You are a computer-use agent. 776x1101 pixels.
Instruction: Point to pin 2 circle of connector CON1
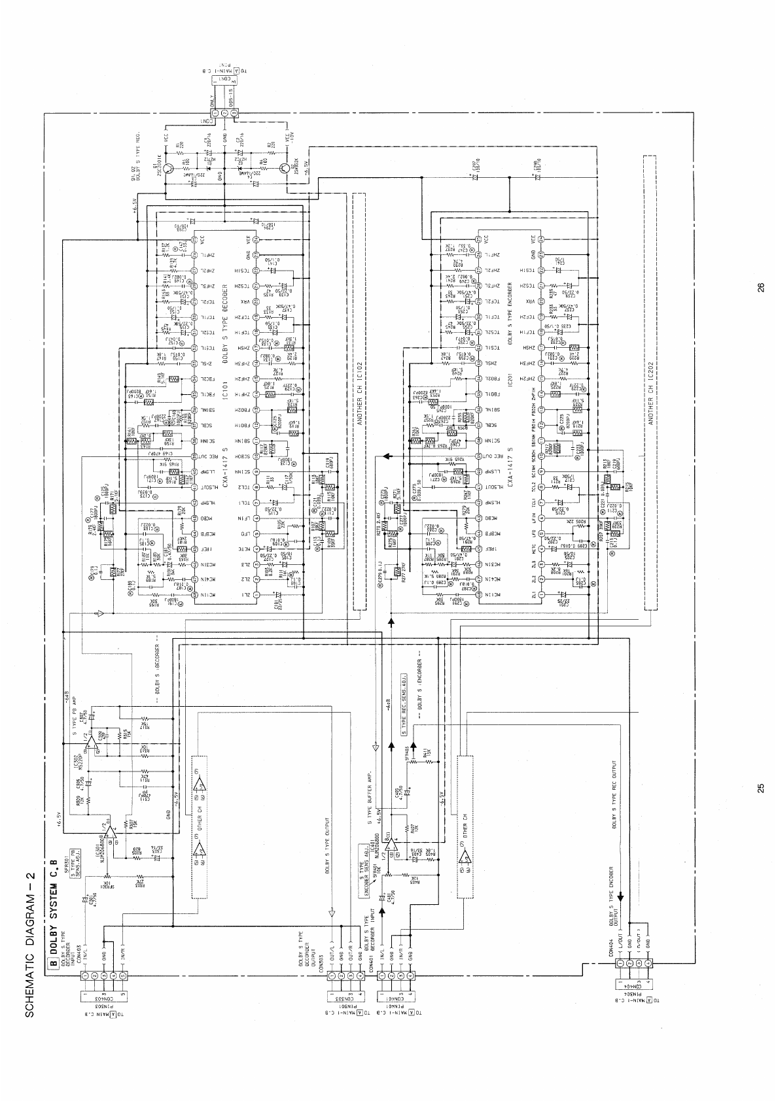click(x=225, y=113)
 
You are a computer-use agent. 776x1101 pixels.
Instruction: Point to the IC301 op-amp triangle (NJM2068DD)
click(x=110, y=834)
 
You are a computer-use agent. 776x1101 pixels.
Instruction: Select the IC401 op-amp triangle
click(x=389, y=834)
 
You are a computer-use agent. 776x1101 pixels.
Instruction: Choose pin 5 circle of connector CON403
click(x=122, y=975)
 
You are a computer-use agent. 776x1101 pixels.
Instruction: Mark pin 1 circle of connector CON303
click(x=332, y=975)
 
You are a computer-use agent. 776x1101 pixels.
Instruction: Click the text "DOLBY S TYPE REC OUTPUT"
click(x=616, y=794)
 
